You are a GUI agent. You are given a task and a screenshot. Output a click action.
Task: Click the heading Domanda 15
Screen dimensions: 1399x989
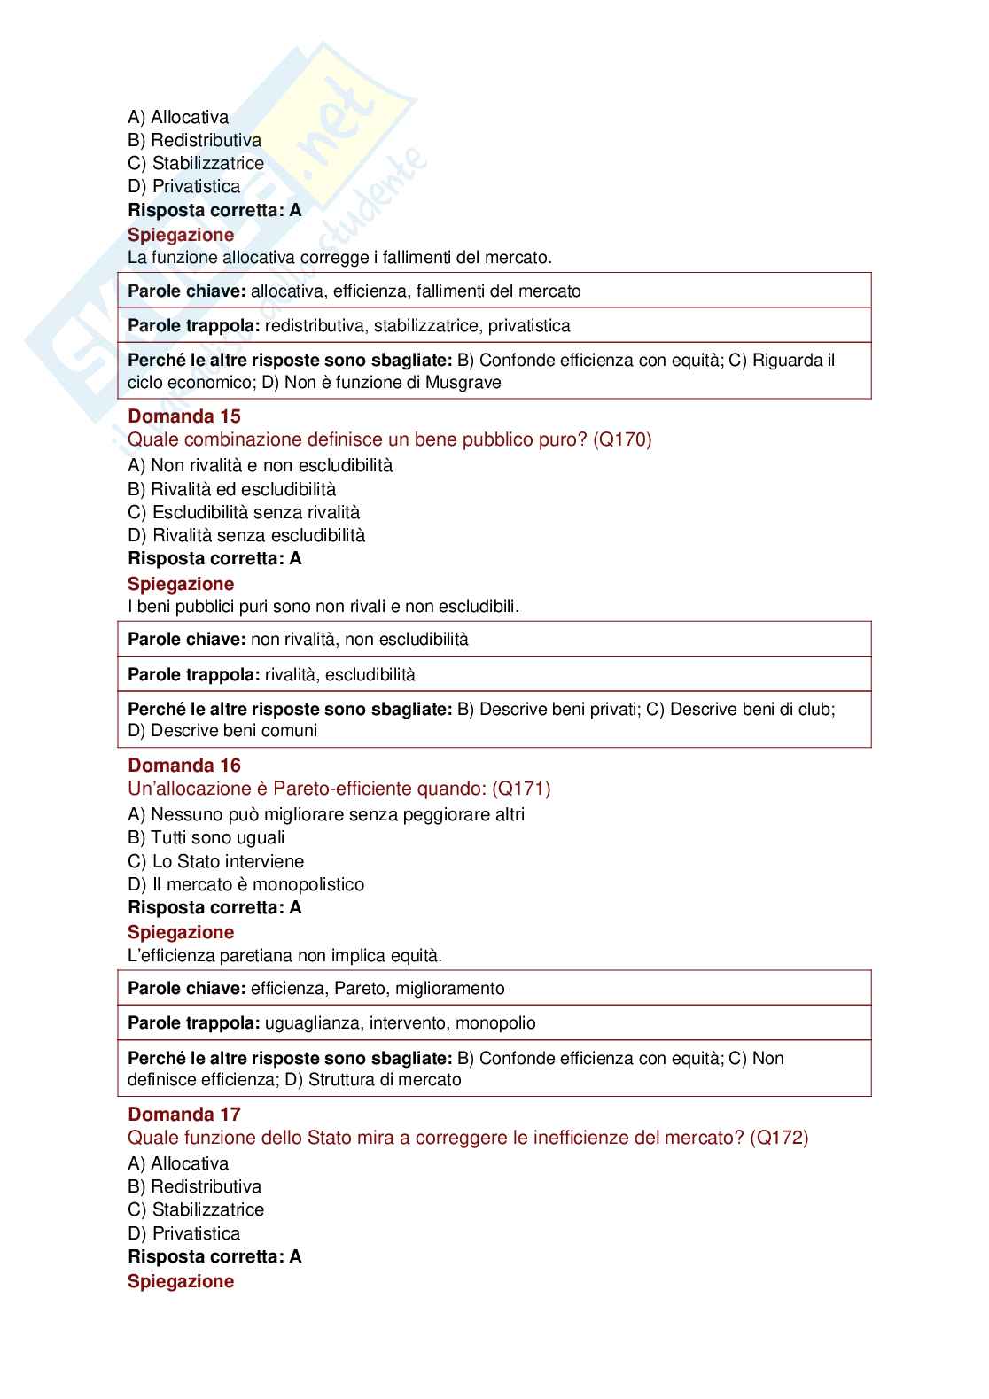(184, 416)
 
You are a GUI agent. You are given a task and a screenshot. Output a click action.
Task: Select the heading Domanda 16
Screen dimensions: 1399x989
(184, 766)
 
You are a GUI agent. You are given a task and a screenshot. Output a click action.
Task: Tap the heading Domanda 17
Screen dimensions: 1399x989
(184, 1115)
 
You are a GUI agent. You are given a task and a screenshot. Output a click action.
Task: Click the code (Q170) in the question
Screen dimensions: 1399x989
(622, 439)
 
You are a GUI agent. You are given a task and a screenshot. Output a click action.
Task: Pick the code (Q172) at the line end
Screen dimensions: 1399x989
(779, 1138)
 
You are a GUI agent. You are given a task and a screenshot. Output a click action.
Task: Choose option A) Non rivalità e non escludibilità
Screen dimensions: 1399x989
(260, 466)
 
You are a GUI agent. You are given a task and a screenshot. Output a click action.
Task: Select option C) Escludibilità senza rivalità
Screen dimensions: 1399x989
(244, 512)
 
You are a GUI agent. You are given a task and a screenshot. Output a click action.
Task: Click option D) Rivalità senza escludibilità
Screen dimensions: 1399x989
(246, 535)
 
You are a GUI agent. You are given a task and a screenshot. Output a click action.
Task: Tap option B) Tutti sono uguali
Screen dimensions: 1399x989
(206, 837)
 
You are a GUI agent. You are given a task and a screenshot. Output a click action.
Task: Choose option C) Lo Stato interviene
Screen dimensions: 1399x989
(215, 861)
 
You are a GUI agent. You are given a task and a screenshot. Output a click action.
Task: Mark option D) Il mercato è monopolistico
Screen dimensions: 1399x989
(245, 884)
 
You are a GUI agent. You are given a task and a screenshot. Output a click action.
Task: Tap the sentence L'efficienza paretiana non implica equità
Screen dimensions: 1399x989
(284, 955)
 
